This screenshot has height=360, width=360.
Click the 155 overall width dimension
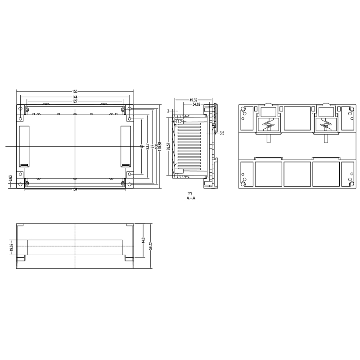(75, 91)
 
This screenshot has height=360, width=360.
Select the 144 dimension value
(75, 97)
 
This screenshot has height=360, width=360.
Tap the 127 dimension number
(75, 101)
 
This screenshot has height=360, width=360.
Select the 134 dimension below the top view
(75, 189)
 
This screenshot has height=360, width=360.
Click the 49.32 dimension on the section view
(193, 100)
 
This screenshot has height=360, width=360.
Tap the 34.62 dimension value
(196, 104)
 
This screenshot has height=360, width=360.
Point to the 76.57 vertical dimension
(168, 147)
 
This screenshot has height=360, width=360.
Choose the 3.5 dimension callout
(221, 133)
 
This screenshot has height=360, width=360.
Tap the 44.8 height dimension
(143, 241)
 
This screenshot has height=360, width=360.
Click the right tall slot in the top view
(126, 146)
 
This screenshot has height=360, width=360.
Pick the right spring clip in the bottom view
(325, 124)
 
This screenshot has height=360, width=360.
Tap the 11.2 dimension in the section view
(179, 122)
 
